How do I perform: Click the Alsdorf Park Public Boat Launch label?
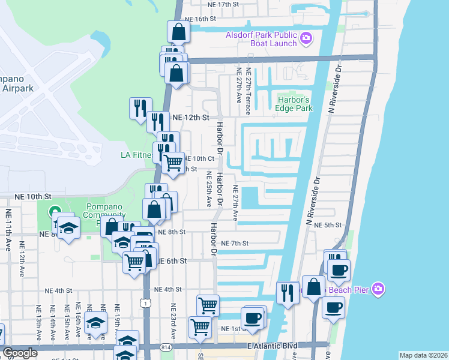pyautogui.click(x=261, y=39)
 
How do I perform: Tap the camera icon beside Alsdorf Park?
pyautogui.click(x=306, y=39)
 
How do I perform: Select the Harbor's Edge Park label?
pyautogui.click(x=295, y=104)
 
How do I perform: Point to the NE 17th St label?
pyautogui.click(x=223, y=4)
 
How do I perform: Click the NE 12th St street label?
pyautogui.click(x=190, y=118)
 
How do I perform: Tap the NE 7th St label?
pyautogui.click(x=235, y=243)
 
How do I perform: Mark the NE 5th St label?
pyautogui.click(x=328, y=225)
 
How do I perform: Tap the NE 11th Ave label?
pyautogui.click(x=8, y=230)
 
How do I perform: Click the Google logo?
pyautogui.click(x=20, y=353)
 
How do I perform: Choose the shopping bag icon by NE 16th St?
pyautogui.click(x=179, y=32)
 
